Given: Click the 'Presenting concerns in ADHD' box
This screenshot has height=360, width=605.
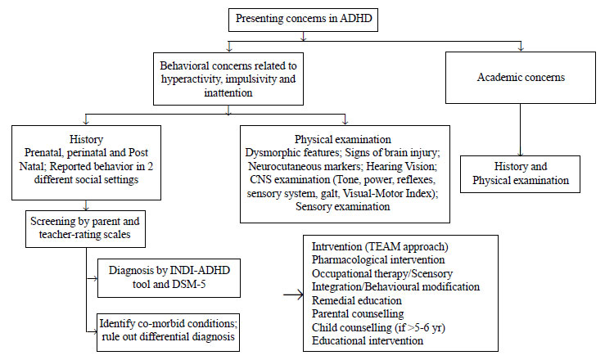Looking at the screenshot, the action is pyautogui.click(x=303, y=19).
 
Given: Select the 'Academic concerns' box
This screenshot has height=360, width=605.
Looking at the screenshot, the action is pyautogui.click(x=521, y=78).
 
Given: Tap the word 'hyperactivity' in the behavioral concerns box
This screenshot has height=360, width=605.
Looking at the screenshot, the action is pyautogui.click(x=191, y=79).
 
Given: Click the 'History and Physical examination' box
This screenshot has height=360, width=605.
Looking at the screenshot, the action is pyautogui.click(x=520, y=173).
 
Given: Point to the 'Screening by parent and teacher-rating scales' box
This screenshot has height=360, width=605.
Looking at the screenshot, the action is pyautogui.click(x=85, y=228).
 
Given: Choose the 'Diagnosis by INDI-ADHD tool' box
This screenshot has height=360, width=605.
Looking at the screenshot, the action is pyautogui.click(x=169, y=278).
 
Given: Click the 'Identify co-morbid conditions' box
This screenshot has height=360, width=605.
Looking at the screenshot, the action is pyautogui.click(x=168, y=332).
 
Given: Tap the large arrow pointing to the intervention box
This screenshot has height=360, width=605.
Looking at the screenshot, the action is pyautogui.click(x=293, y=295).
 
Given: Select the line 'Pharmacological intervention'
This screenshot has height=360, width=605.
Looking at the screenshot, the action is pyautogui.click(x=378, y=260).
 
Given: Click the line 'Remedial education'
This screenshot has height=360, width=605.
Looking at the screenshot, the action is pyautogui.click(x=356, y=300).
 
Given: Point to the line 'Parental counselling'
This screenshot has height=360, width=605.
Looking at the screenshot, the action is pyautogui.click(x=358, y=313).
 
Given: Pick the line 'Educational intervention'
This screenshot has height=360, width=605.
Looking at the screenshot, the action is pyautogui.click(x=368, y=340).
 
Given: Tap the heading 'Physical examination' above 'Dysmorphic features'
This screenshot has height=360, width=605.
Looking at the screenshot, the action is pyautogui.click(x=343, y=139).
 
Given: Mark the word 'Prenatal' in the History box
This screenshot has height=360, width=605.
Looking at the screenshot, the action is pyautogui.click(x=44, y=153).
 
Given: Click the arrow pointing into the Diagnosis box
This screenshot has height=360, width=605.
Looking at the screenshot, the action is pyautogui.click(x=92, y=278).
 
